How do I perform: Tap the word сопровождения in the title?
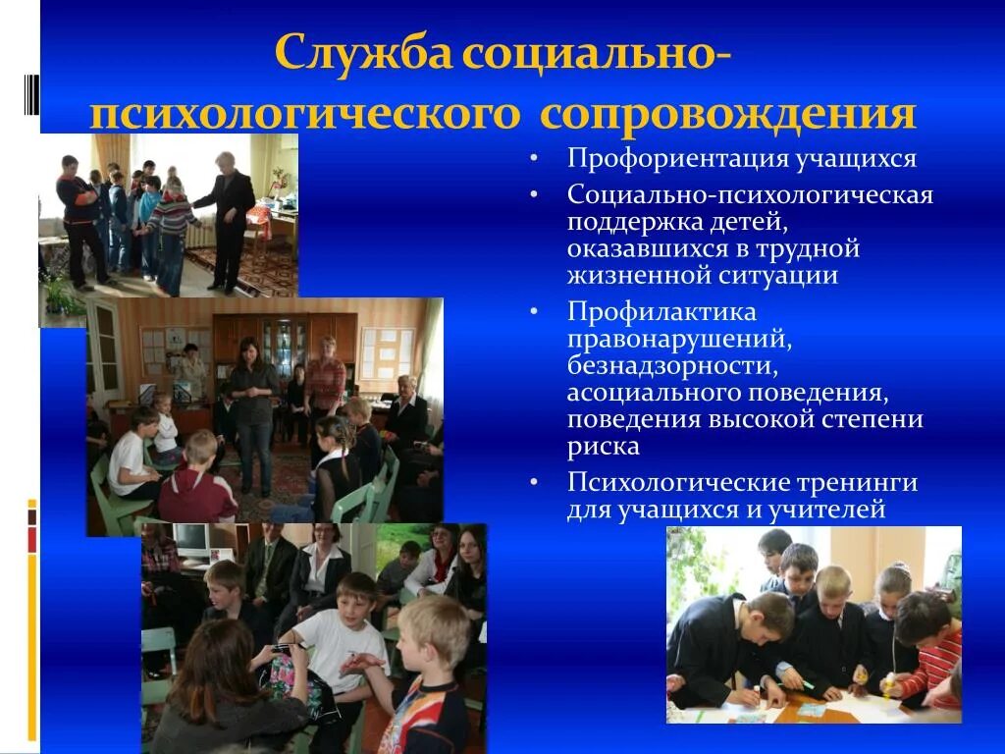pos(727,114)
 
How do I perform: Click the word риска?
pos(603,447)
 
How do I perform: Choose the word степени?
pos(871,420)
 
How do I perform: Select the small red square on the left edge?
pos(31,539)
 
